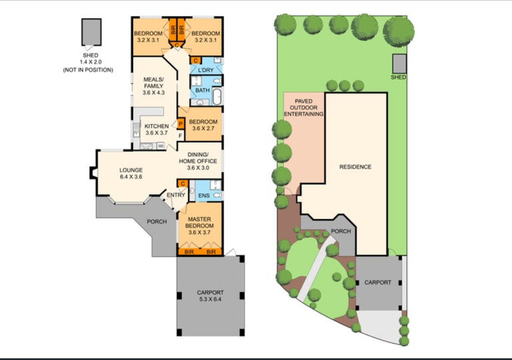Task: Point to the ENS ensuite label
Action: [204, 196]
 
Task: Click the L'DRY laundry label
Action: [206, 70]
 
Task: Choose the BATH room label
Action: [203, 90]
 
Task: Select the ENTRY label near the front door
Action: [176, 195]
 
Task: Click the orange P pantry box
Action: [181, 124]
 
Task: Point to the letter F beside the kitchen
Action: [180, 135]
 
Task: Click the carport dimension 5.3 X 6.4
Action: [210, 299]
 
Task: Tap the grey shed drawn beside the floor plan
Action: [91, 31]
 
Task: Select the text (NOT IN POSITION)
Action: [88, 70]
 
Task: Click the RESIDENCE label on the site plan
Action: [355, 167]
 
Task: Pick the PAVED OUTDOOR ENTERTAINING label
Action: [304, 107]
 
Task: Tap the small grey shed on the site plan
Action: [399, 64]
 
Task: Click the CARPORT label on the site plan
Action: [378, 282]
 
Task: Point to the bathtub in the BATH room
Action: [217, 96]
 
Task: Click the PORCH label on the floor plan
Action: [157, 222]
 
